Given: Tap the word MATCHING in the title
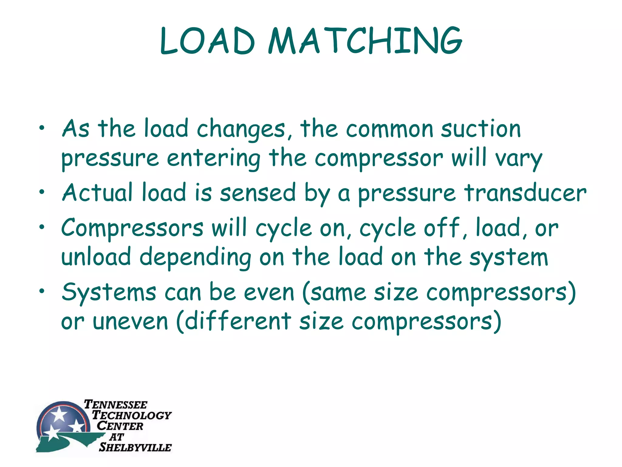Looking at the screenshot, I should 365,41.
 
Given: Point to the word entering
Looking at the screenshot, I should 214,158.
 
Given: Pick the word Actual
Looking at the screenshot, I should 97,193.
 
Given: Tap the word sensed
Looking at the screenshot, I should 258,193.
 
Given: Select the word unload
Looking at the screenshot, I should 96,257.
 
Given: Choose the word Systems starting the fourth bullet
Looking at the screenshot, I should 109,292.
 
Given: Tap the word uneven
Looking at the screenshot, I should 130,321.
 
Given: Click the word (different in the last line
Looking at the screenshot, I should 233,321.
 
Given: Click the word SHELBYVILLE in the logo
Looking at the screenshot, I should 135,447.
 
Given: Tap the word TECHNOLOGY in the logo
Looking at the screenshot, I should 132,415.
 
